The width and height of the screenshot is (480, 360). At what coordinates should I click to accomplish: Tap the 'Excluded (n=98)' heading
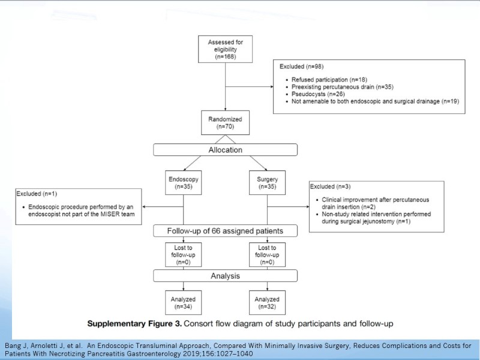302,67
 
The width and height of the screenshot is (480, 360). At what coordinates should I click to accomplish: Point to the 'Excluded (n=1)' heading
37,194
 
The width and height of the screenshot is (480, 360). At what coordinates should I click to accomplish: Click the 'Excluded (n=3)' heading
331,187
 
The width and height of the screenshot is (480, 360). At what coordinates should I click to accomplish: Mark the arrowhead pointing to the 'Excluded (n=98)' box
272,86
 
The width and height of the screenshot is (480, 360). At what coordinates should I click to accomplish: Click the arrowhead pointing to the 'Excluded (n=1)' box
144,206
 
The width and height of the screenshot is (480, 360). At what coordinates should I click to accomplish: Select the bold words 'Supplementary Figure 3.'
134,323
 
